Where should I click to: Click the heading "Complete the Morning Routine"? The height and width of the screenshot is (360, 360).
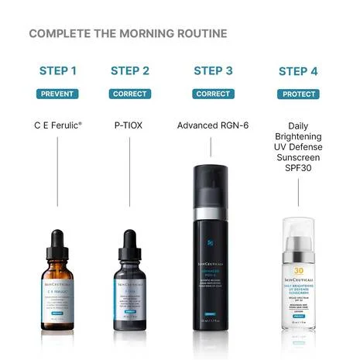(x=128, y=33)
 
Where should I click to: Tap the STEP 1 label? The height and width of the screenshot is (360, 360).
(x=58, y=71)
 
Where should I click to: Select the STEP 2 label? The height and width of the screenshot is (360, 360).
(x=130, y=71)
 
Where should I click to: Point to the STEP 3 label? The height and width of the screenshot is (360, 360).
(x=213, y=71)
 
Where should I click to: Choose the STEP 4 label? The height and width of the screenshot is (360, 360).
(x=298, y=71)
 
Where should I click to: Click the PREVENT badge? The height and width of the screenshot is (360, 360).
(x=58, y=94)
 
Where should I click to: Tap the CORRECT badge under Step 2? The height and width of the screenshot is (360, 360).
(x=130, y=94)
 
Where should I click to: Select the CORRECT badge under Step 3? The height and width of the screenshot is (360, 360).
(x=213, y=94)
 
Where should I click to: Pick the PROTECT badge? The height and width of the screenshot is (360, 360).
(x=298, y=94)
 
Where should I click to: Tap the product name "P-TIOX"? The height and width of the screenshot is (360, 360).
(x=130, y=124)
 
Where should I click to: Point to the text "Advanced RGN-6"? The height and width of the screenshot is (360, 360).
(x=213, y=124)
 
